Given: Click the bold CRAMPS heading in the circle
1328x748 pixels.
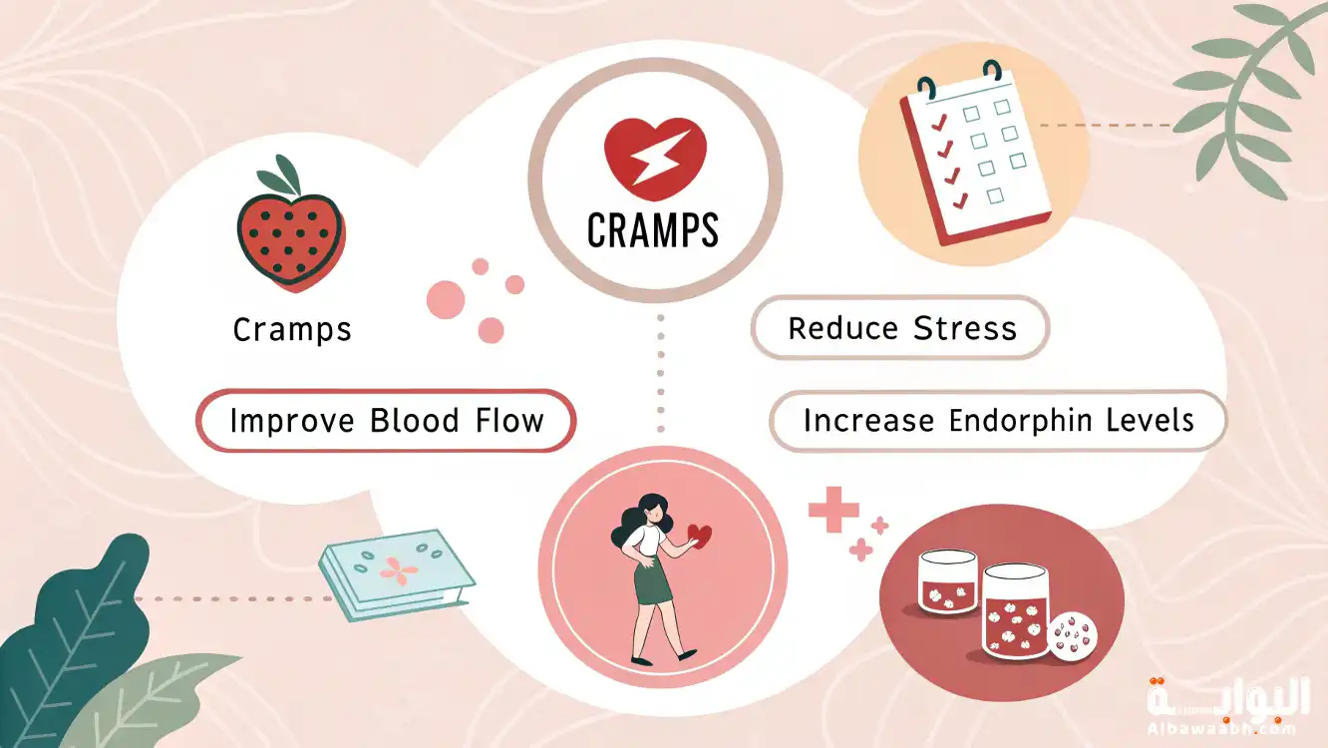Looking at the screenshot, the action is point(653,230).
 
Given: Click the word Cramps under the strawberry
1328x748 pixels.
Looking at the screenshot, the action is point(292,330).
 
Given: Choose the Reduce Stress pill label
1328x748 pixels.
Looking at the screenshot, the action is point(900,327).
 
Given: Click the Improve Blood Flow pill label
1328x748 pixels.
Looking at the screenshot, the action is point(386,421).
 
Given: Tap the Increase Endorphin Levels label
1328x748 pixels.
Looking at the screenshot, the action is point(998,421).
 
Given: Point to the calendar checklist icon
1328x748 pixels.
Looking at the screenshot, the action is point(973,153).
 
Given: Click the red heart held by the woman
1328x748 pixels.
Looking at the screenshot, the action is point(700,537).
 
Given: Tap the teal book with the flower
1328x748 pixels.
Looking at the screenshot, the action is point(396,574).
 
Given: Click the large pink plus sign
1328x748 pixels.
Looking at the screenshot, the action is point(834,510).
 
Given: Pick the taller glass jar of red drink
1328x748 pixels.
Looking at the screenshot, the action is point(1015,611).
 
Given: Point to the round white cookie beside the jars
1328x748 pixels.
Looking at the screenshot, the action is point(1072,636).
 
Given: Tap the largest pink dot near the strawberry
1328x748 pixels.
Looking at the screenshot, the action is point(446,299).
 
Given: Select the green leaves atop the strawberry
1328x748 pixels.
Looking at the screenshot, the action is point(279,176).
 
